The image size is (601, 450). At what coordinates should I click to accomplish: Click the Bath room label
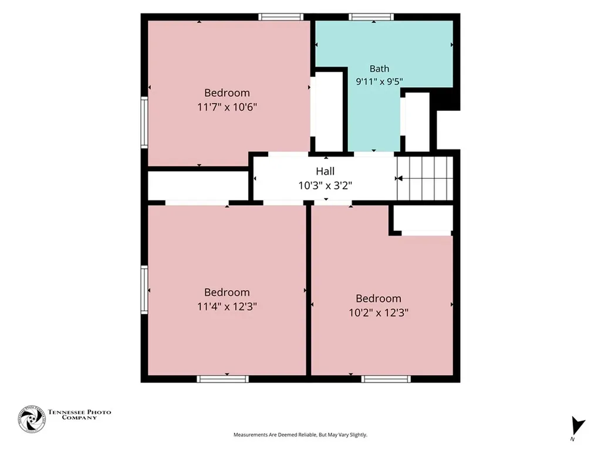tap(379, 69)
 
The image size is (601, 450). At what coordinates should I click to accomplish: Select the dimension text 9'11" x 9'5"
tap(379, 81)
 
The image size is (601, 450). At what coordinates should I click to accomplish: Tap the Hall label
tap(325, 171)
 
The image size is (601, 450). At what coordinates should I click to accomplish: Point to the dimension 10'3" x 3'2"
tap(325, 186)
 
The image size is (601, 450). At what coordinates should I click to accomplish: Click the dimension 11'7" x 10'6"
tap(227, 107)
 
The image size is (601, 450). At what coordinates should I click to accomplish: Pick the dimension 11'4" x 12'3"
tap(227, 306)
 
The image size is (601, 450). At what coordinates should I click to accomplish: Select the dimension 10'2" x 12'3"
tap(379, 313)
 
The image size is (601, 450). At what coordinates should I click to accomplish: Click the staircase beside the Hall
tap(425, 178)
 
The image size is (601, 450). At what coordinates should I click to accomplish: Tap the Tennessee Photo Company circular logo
tap(32, 419)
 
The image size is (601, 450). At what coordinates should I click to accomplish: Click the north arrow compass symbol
tap(578, 427)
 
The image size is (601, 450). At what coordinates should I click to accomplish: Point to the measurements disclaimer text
tap(300, 435)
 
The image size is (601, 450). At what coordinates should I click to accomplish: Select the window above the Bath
tap(371, 17)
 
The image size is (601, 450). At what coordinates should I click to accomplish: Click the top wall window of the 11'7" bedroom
tap(281, 17)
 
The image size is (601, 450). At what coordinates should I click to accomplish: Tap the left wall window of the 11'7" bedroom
tap(144, 122)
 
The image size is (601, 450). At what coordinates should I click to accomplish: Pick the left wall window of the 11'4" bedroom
tap(144, 290)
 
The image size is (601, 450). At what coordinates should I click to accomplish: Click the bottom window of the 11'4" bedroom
tap(222, 379)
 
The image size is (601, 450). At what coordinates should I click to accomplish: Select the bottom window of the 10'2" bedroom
tap(386, 379)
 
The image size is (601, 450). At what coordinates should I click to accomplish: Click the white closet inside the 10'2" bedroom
tap(423, 218)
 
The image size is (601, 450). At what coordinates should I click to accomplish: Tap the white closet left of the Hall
tap(198, 186)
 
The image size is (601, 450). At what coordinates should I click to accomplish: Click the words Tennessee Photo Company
tap(79, 415)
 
